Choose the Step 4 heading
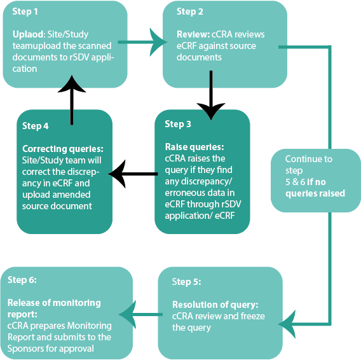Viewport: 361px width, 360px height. [36, 126]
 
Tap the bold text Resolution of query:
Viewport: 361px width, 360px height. [215, 305]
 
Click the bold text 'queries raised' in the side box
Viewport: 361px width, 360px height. [315, 193]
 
